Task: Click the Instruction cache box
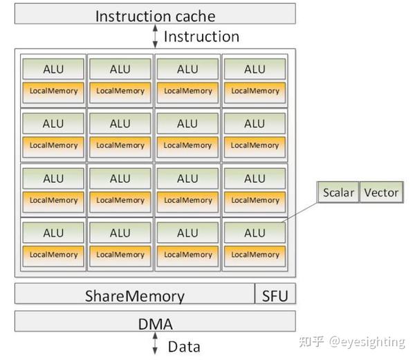tap(155, 15)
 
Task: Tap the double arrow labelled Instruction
tap(155, 36)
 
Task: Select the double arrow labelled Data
tap(155, 344)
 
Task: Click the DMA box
tap(155, 322)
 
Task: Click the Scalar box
tap(338, 192)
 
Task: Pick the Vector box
tap(381, 192)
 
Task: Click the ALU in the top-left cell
tap(53, 69)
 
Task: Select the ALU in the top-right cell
tap(255, 69)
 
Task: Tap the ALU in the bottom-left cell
tap(53, 233)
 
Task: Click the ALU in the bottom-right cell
tap(255, 233)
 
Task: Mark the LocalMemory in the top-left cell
tap(53, 91)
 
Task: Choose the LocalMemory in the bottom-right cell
tap(255, 255)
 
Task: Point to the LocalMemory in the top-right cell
tap(255, 91)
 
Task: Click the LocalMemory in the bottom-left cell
tap(53, 255)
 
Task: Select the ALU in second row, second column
tap(120, 123)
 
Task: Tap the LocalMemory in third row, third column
tap(187, 200)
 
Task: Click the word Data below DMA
tap(184, 345)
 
